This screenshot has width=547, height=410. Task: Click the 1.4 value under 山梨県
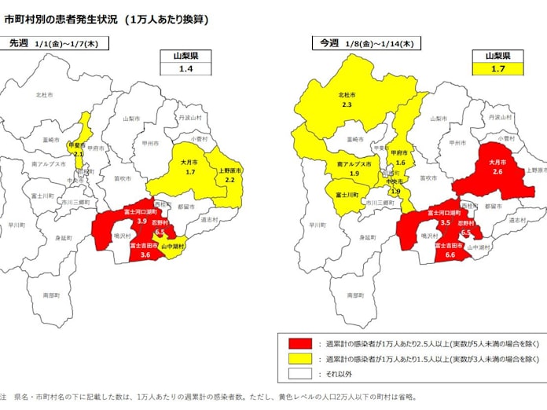pyautogui.click(x=185, y=69)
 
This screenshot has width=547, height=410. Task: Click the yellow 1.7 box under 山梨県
pyautogui.click(x=497, y=69)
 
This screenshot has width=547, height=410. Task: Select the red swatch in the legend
pyautogui.click(x=299, y=343)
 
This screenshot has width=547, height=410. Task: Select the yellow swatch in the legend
pyautogui.click(x=299, y=359)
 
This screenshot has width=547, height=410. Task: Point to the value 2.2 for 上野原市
pyautogui.click(x=230, y=180)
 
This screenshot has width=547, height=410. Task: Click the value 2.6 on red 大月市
pyautogui.click(x=498, y=171)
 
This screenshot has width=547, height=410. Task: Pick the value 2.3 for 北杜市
pyautogui.click(x=347, y=104)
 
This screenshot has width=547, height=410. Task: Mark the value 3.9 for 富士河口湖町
pyautogui.click(x=141, y=221)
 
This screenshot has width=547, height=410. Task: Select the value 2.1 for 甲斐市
pyautogui.click(x=78, y=154)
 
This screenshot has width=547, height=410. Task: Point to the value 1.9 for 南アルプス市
pyautogui.click(x=354, y=174)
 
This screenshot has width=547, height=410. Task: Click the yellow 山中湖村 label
pyautogui.click(x=172, y=247)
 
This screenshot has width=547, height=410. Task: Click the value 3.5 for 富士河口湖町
pyautogui.click(x=446, y=222)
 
